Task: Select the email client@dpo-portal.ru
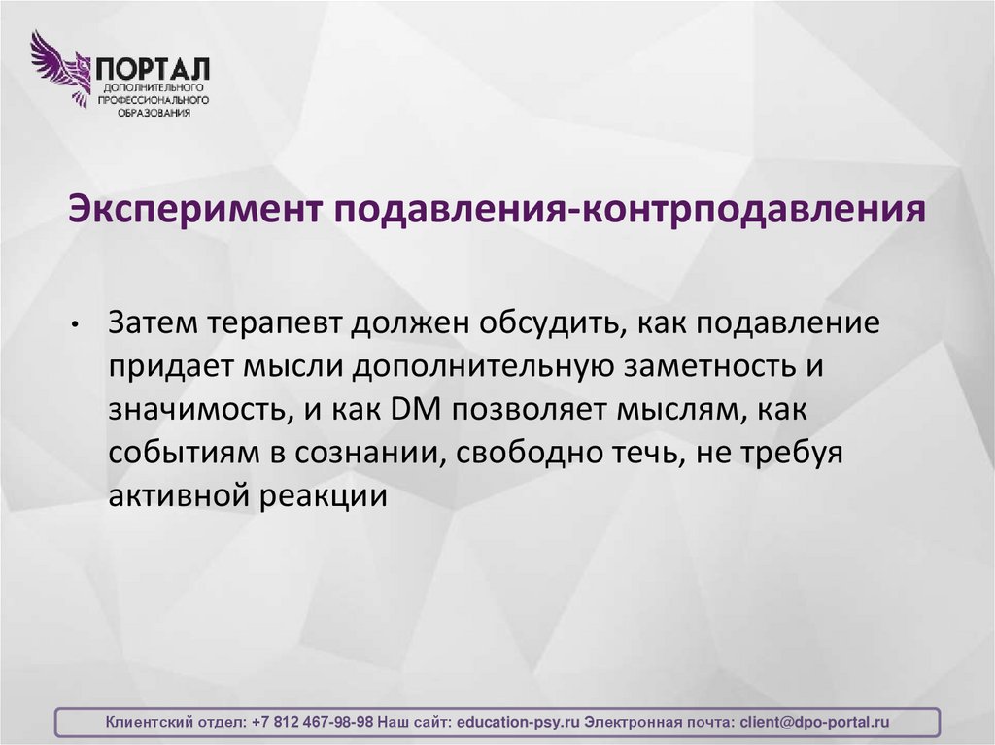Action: [x=814, y=723]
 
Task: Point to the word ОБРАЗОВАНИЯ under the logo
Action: [x=154, y=113]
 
